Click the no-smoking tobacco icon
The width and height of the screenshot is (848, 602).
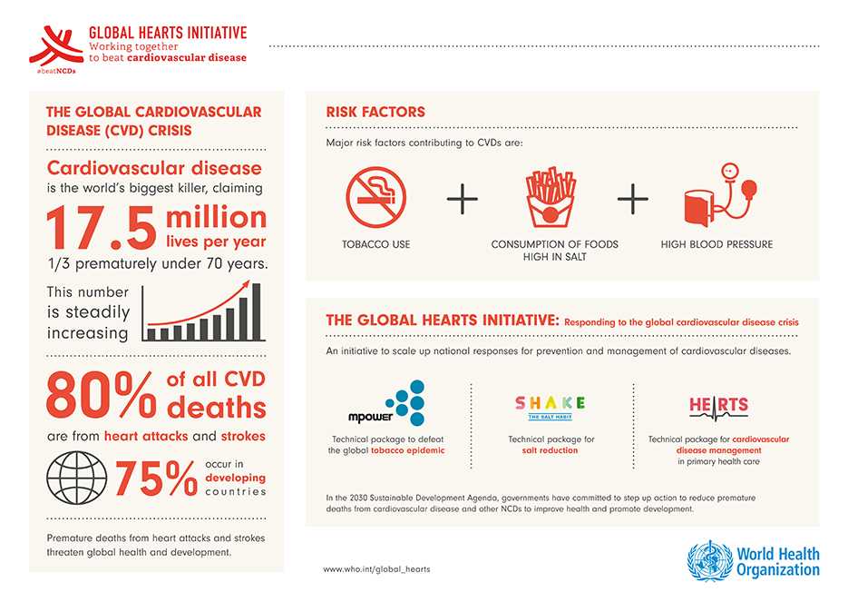(x=375, y=197)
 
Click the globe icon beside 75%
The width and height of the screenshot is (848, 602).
(x=75, y=479)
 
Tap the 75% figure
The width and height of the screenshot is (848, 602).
(x=155, y=479)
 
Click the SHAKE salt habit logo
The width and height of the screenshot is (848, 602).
(x=551, y=406)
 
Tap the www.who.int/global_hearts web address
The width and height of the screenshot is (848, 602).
(x=376, y=568)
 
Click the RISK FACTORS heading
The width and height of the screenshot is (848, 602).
(x=375, y=113)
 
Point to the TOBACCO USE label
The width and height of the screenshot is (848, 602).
(x=375, y=244)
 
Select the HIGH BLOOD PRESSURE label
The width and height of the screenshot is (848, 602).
(x=716, y=244)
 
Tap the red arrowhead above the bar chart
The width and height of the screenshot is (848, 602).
(x=244, y=285)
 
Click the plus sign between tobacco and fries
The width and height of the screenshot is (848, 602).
(x=463, y=199)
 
